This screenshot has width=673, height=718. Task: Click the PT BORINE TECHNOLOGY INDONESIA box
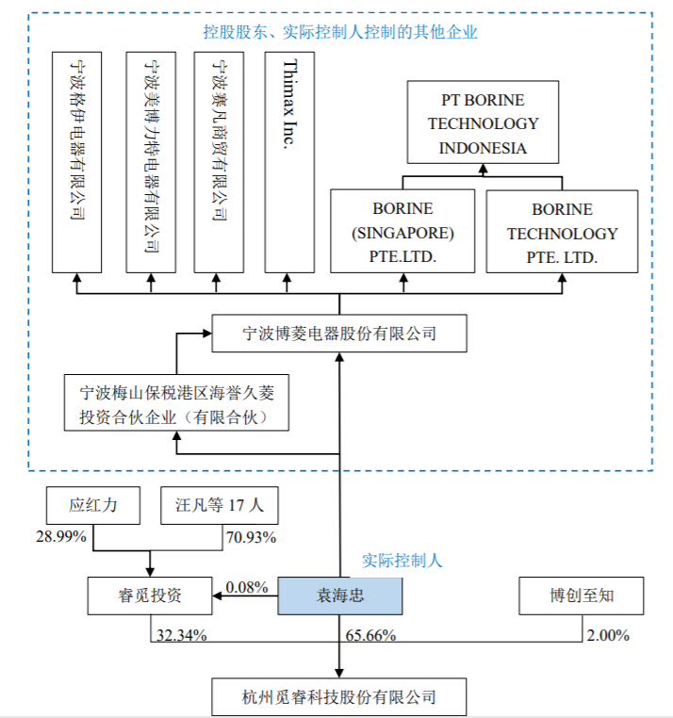pyautogui.click(x=483, y=123)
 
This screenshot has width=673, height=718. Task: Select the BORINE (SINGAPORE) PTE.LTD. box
pyautogui.click(x=402, y=232)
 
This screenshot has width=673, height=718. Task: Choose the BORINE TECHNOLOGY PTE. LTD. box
pyautogui.click(x=562, y=232)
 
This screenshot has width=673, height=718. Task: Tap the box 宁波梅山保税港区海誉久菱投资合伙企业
pyautogui.click(x=176, y=403)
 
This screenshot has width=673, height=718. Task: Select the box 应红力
pyautogui.click(x=93, y=506)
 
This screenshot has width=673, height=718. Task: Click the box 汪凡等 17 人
pyautogui.click(x=220, y=506)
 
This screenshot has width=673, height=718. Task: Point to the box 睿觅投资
pyautogui.click(x=148, y=596)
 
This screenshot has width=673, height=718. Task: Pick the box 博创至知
pyautogui.click(x=583, y=596)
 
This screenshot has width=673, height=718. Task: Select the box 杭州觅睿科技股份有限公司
pyautogui.click(x=339, y=697)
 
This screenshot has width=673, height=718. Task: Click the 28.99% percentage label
pyautogui.click(x=61, y=537)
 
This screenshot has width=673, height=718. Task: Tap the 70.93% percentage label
pyautogui.click(x=250, y=537)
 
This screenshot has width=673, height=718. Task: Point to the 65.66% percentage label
pyautogui.click(x=369, y=635)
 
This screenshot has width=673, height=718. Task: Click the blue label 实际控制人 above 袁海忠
pyautogui.click(x=402, y=561)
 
